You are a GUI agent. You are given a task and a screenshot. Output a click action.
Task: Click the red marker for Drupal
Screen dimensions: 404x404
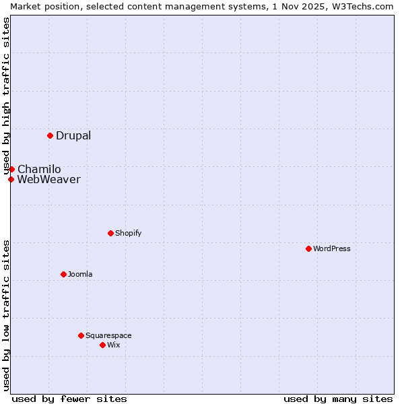pos(50,135)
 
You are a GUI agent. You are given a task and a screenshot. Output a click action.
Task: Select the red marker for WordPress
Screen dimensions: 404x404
pos(308,248)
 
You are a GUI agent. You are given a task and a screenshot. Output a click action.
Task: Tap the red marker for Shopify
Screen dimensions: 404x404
pos(110,233)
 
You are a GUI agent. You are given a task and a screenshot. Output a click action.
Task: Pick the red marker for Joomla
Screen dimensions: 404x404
pos(63,274)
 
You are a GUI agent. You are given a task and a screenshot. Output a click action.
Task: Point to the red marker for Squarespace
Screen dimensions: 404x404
pos(81,335)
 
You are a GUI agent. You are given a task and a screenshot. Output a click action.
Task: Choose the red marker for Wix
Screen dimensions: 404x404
pos(102,345)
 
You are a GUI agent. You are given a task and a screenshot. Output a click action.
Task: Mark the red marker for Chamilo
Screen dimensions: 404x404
pos(11,169)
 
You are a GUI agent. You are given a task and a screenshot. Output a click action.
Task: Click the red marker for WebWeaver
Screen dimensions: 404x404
pos(11,179)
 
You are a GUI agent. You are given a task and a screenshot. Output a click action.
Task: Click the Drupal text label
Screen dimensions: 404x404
pos(73,135)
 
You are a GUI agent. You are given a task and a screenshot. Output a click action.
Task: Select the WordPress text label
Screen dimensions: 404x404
pos(332,248)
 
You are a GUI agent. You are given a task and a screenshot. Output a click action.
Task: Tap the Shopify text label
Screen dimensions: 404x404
pos(129,233)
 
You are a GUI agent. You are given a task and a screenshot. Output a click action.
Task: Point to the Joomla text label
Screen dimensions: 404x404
pos(80,274)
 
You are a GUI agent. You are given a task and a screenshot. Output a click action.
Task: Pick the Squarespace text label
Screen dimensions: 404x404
pos(108,335)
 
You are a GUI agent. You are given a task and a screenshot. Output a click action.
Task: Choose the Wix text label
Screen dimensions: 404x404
pos(114,345)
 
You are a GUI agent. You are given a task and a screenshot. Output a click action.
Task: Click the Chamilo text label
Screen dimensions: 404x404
pos(39,169)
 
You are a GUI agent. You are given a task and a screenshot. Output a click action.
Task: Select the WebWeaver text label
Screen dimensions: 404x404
pos(48,179)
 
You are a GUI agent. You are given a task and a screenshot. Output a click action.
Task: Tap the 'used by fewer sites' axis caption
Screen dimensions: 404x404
pos(69,399)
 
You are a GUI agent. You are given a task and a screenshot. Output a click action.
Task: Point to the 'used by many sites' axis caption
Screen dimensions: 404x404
pos(338,399)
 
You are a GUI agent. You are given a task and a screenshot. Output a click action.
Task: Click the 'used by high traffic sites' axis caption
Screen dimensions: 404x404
pos(6,96)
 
